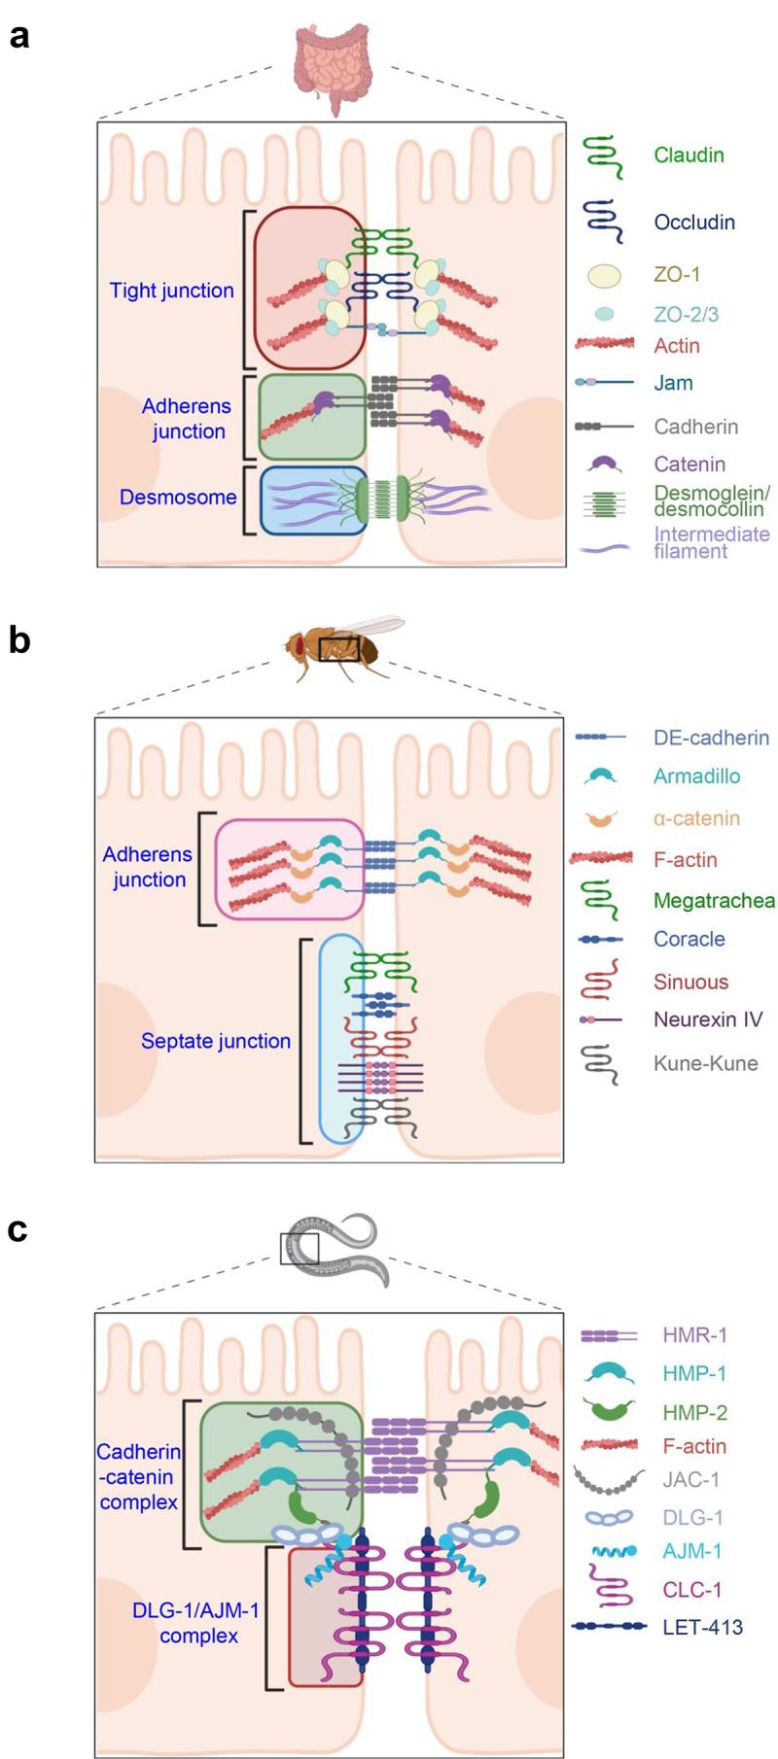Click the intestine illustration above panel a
click(334, 65)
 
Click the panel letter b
click(18, 640)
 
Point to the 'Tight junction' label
click(171, 291)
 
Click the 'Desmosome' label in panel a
click(178, 498)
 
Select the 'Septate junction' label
click(216, 1041)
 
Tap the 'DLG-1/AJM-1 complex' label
click(197, 1623)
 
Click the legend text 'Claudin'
click(689, 155)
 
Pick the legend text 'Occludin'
click(693, 223)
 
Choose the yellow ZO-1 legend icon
click(604, 275)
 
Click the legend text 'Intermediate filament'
click(711, 542)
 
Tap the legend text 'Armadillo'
click(696, 776)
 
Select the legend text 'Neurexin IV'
click(707, 1019)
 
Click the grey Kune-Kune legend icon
click(602, 1063)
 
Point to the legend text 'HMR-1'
click(694, 1335)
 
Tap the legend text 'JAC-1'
click(690, 1479)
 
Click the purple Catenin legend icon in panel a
click(604, 465)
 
